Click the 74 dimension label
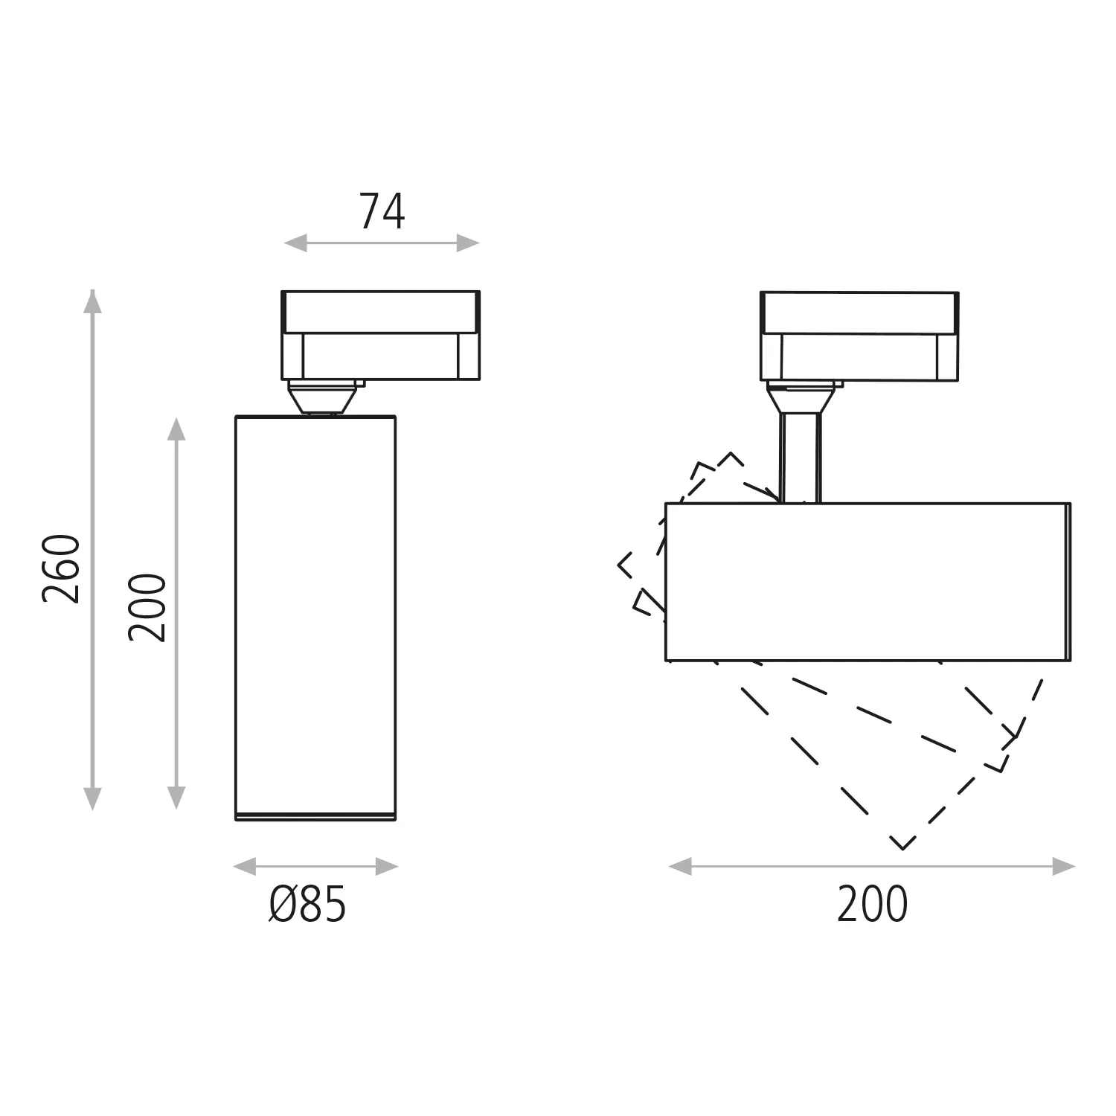(x=382, y=212)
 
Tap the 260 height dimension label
(x=61, y=568)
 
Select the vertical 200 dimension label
(x=147, y=607)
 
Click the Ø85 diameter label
(x=308, y=905)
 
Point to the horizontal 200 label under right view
(x=872, y=905)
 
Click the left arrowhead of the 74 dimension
(x=295, y=243)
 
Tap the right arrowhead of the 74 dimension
(x=468, y=243)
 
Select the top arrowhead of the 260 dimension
(x=92, y=301)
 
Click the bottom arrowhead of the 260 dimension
(x=92, y=798)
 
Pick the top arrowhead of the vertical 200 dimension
(x=176, y=429)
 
